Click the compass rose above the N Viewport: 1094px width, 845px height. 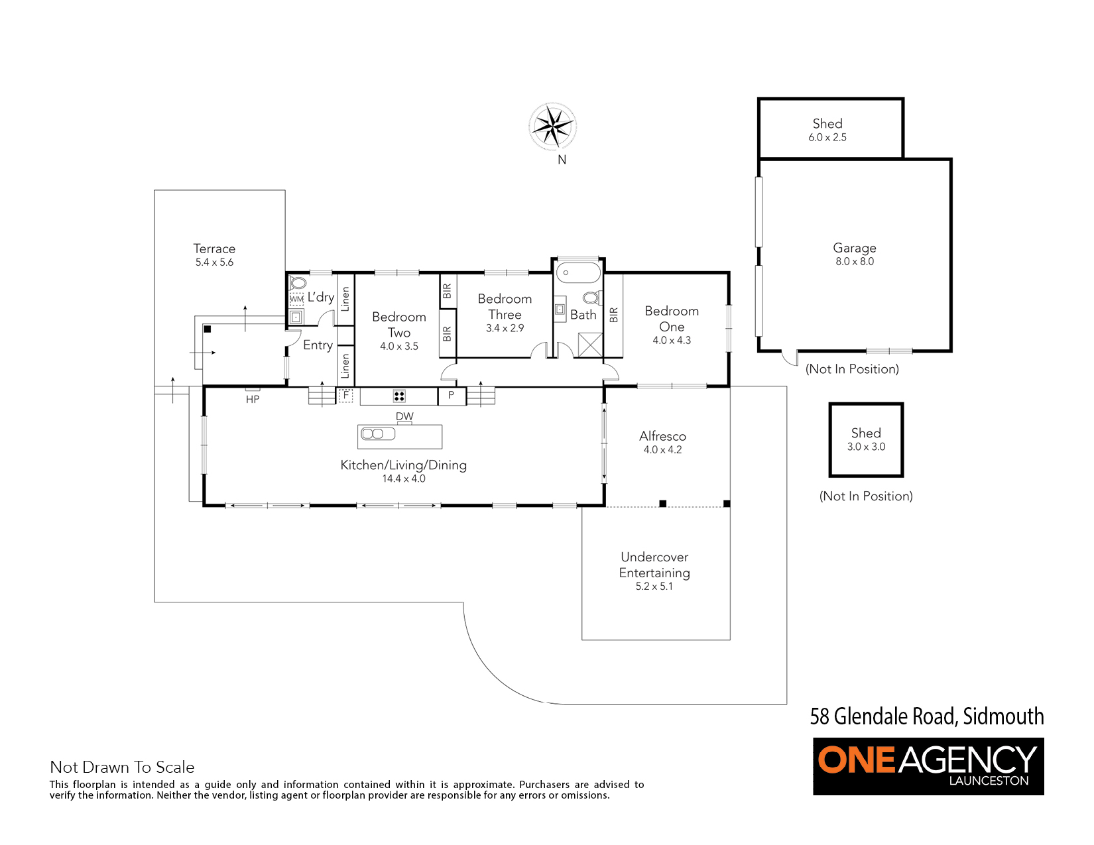(552, 127)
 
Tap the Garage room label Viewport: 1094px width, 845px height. (855, 248)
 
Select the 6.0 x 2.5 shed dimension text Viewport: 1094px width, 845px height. (827, 137)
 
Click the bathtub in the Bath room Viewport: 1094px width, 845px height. (578, 272)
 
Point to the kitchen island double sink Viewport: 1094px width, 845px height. (377, 433)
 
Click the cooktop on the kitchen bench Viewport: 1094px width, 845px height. (398, 396)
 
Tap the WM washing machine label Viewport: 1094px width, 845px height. (296, 299)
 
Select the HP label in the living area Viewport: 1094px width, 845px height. (252, 400)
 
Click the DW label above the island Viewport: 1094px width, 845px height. (404, 416)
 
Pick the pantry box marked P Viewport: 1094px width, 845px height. (451, 396)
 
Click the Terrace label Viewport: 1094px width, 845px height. (214, 249)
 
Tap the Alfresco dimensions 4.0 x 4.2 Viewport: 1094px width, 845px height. (662, 450)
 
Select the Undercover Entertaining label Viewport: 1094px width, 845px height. (654, 565)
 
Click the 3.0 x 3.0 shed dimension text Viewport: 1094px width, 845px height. (866, 447)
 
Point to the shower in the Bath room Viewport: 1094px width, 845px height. (590, 345)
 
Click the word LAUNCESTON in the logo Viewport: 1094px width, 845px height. (989, 781)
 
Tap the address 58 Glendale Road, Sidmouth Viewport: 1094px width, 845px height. (927, 716)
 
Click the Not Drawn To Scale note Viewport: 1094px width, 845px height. (122, 767)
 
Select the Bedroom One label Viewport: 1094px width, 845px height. (672, 319)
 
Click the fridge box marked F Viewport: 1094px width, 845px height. (346, 396)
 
